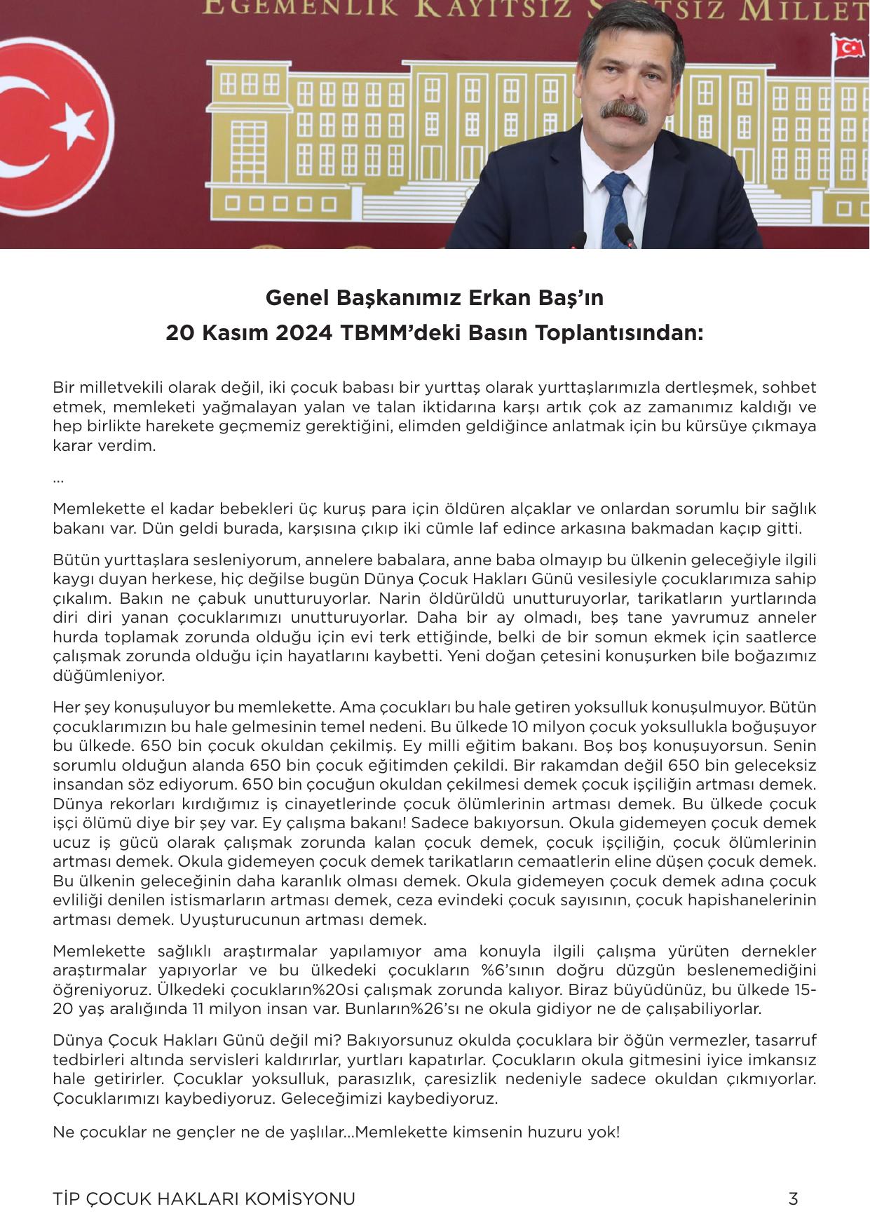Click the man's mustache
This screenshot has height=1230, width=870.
[623, 111]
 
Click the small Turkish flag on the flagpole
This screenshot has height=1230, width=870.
[849, 48]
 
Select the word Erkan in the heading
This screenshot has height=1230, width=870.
[480, 298]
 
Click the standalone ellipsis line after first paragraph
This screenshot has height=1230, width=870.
[58, 480]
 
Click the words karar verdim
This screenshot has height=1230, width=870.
[104, 445]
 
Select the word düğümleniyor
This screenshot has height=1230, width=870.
[109, 676]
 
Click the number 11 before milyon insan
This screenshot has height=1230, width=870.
[199, 1008]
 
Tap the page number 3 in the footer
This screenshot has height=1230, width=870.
[793, 1198]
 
